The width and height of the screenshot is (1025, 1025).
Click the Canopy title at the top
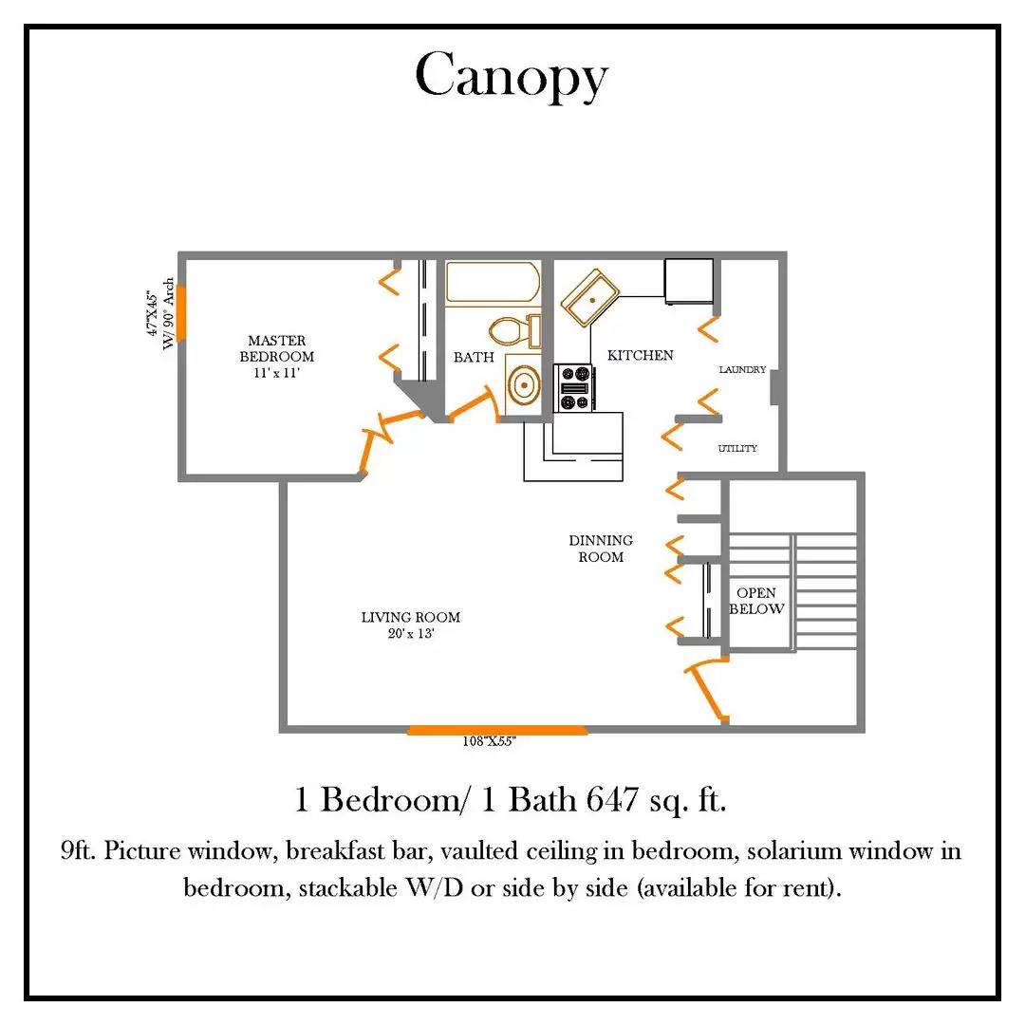(x=512, y=76)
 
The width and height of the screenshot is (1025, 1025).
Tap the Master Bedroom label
(x=276, y=348)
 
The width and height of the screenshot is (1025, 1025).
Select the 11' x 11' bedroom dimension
(x=276, y=373)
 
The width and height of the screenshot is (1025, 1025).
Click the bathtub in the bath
(x=493, y=283)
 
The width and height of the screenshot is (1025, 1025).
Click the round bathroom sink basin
(x=524, y=385)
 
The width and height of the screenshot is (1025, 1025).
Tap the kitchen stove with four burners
(x=574, y=387)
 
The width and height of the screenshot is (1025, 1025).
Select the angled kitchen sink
(x=590, y=298)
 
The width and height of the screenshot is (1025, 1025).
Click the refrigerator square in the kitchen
(x=689, y=281)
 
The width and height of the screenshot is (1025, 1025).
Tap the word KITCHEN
(x=640, y=355)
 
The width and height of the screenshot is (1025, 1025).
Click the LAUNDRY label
(x=742, y=369)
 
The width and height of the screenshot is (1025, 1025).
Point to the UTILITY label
(x=737, y=448)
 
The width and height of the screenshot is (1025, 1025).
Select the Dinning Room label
(x=601, y=549)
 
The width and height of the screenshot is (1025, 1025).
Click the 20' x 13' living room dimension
(x=411, y=633)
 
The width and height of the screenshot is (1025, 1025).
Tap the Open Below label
(x=756, y=601)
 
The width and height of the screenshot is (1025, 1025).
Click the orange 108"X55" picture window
(x=496, y=730)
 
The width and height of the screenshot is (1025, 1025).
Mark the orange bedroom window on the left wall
(x=181, y=312)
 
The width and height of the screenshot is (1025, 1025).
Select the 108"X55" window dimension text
(x=489, y=741)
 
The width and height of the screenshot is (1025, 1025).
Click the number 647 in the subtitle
(x=612, y=799)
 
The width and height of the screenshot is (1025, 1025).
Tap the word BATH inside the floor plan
(x=474, y=357)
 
